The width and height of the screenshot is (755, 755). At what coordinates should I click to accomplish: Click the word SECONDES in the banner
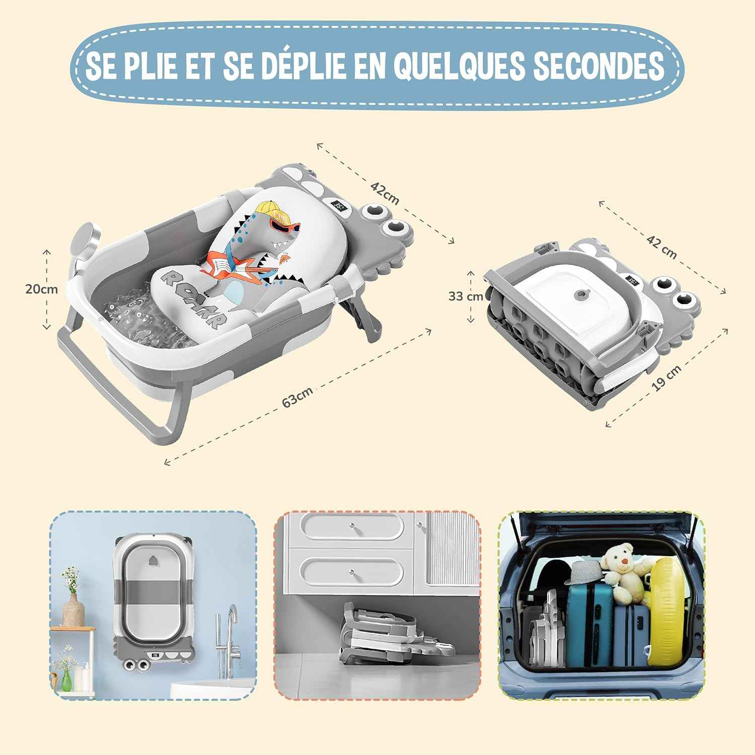(x=598, y=66)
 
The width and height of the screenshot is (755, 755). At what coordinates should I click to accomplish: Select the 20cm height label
(x=42, y=289)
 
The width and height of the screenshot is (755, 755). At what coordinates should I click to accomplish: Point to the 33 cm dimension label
(x=466, y=296)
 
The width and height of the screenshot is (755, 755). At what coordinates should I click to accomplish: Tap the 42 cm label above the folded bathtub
(x=661, y=247)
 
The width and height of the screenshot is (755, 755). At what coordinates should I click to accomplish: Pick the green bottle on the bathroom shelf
(x=66, y=677)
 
